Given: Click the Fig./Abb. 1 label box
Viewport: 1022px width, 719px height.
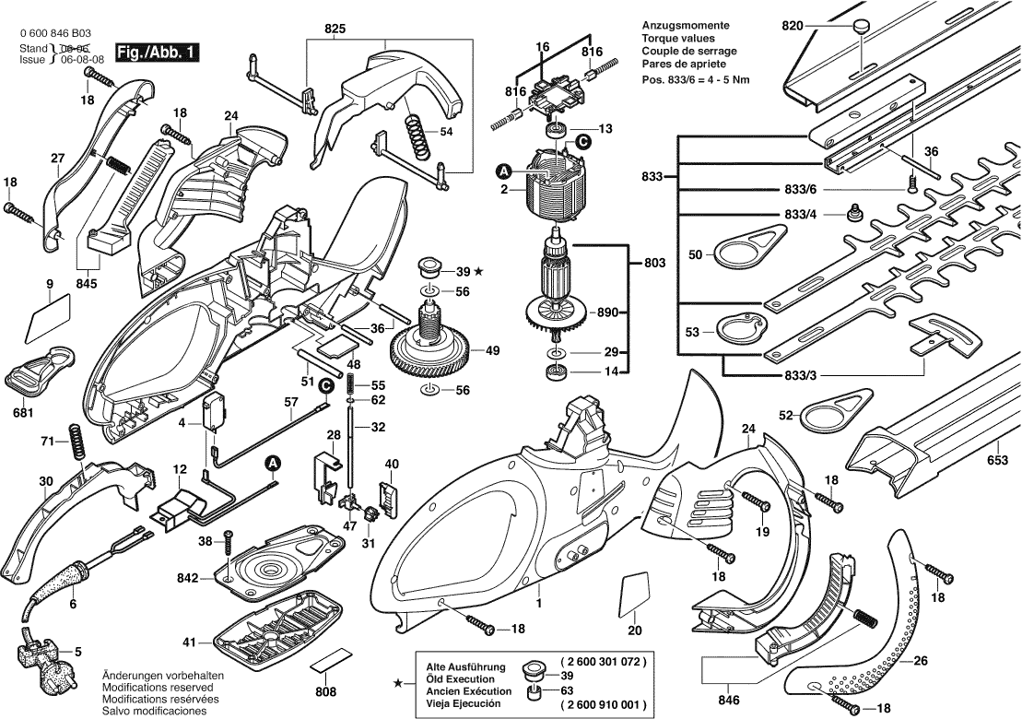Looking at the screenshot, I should (155, 53).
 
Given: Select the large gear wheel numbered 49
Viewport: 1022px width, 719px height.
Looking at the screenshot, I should (431, 351).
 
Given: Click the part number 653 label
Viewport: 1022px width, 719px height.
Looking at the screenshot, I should (996, 459).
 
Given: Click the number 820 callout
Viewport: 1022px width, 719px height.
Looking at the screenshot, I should (794, 26).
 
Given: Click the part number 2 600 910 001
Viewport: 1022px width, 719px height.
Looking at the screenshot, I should (603, 705).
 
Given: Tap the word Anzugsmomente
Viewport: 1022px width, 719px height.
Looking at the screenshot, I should (685, 25).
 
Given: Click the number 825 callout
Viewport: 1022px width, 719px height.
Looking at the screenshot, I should (335, 28).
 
